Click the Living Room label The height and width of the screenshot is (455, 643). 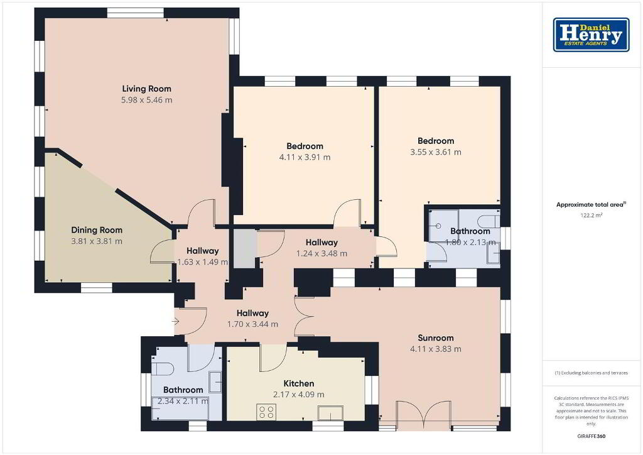(146, 89)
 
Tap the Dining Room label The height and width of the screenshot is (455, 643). (97, 230)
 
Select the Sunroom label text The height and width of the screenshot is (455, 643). (436, 338)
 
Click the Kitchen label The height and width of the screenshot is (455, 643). (299, 383)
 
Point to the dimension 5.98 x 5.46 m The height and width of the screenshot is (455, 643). (146, 100)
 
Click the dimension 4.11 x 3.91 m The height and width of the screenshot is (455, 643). (305, 157)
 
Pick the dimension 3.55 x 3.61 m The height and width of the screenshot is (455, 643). (436, 152)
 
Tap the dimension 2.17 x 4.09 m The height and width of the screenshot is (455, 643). (299, 395)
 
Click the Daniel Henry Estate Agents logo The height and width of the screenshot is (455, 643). (591, 35)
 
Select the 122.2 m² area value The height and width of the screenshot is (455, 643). (591, 215)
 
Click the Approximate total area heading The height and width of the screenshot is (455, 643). (591, 205)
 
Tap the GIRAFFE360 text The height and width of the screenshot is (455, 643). (591, 436)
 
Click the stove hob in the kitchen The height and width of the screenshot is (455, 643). (266, 412)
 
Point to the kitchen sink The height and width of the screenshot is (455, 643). (330, 413)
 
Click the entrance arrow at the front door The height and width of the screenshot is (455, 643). (176, 321)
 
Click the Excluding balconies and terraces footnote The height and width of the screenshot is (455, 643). (591, 373)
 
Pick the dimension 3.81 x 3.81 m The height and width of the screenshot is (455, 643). (97, 241)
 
